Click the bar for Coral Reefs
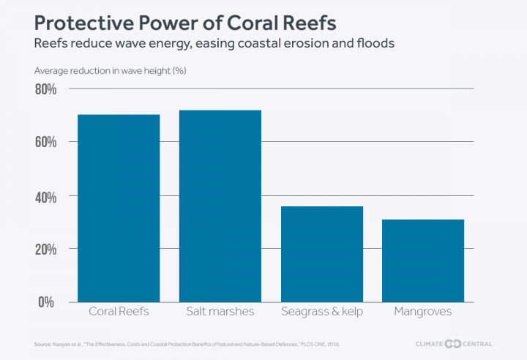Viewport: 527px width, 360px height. coord(119,208)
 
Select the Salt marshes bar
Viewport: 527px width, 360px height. coord(220,206)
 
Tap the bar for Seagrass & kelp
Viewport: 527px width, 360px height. coord(322,254)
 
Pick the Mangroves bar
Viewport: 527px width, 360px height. coord(423,260)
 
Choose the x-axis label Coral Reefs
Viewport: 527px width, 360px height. coord(119,312)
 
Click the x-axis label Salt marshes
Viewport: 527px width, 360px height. coord(220,312)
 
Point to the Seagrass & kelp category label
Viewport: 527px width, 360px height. coord(322,312)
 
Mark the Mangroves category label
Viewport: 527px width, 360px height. coord(423,312)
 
